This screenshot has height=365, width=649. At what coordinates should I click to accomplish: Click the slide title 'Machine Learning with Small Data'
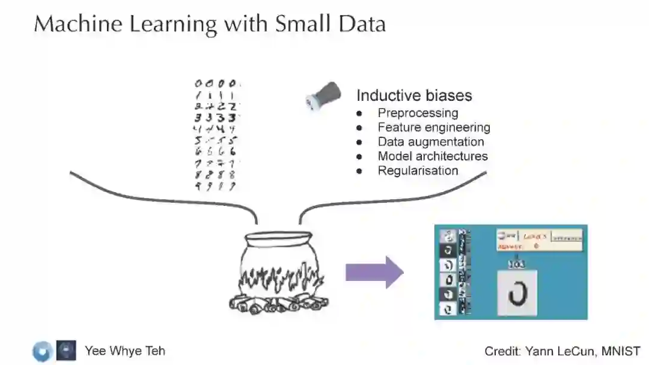[x=209, y=24]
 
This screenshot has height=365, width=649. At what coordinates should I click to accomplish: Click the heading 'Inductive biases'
[x=414, y=95]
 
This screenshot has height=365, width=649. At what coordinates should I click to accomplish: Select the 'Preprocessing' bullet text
[x=418, y=113]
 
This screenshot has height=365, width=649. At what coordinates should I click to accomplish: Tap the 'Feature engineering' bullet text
[x=434, y=127]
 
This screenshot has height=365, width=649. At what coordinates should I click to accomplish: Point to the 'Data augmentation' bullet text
[x=431, y=142]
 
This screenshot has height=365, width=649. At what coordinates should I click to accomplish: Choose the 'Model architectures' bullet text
[x=433, y=156]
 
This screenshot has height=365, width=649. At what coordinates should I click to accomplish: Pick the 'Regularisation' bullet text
[x=418, y=170]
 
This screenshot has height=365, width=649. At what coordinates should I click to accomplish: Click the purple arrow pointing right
[x=374, y=272]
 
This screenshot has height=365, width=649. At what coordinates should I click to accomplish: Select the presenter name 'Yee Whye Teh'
[x=124, y=351]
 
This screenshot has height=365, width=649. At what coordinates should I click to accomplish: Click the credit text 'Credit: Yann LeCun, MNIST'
[x=562, y=351]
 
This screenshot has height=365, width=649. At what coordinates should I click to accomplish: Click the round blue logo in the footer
[x=43, y=351]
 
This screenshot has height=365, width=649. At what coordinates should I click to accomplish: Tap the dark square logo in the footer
[x=66, y=351]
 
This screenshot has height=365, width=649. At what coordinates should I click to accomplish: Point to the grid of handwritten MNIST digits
[x=215, y=136]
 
